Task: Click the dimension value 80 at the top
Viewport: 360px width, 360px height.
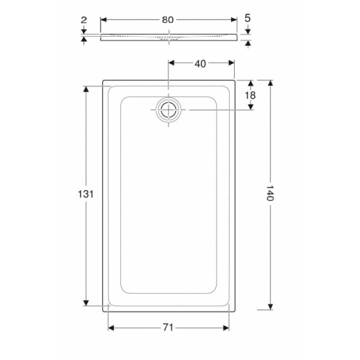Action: coord(167,20)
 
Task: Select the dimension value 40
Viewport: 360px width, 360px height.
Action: coord(200,63)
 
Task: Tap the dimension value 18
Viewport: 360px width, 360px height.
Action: coord(251,95)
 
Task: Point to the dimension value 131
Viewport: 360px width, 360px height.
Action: coord(86,194)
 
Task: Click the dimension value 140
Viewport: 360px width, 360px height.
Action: coord(270,194)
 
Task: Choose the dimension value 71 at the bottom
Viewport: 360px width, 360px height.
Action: coord(167,328)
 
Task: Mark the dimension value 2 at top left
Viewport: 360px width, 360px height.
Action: coord(84,20)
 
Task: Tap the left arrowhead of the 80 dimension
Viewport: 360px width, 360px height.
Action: coord(102,20)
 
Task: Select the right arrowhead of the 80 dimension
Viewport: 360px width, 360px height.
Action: coord(233,20)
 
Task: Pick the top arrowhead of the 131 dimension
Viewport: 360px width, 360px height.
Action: coord(86,89)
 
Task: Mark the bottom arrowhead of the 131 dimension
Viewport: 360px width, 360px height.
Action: coord(86,302)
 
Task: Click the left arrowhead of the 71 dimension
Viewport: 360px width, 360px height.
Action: coord(111,328)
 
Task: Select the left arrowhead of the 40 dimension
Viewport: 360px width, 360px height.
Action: coord(171,63)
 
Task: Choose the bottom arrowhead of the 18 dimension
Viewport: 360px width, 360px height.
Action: coord(251,108)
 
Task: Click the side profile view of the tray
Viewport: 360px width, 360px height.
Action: coord(167,37)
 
